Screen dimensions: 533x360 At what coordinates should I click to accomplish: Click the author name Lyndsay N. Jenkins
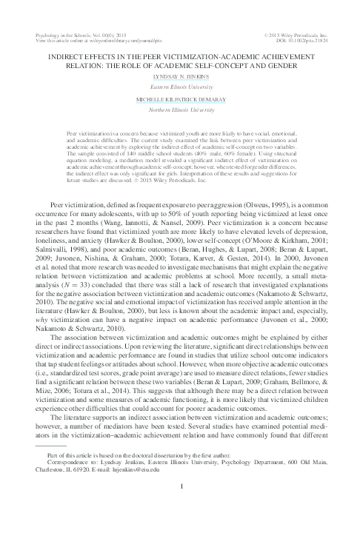pyautogui.click(x=180, y=77)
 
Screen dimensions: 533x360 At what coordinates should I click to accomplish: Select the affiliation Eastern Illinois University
pyautogui.click(x=180, y=87)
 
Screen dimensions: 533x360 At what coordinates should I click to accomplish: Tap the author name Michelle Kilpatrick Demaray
pyautogui.click(x=180, y=99)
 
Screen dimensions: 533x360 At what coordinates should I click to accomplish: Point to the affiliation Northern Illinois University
pyautogui.click(x=180, y=110)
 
